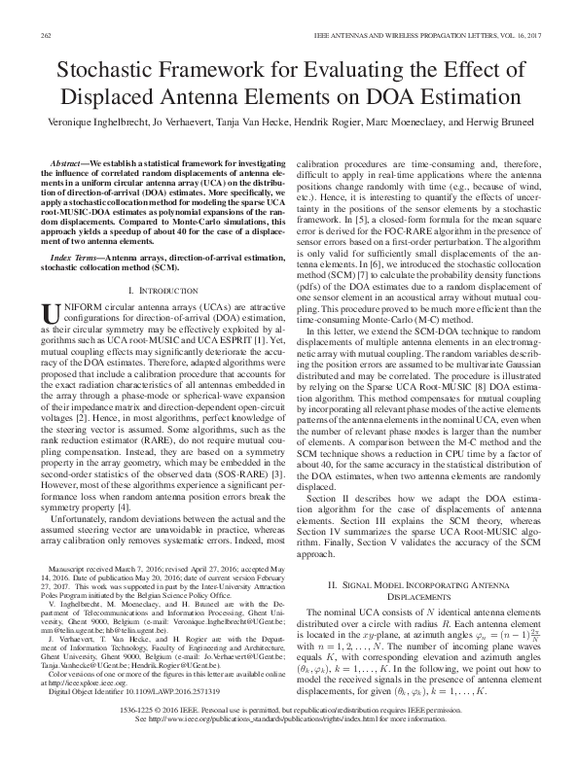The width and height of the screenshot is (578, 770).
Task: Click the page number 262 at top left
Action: [x=45, y=35]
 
